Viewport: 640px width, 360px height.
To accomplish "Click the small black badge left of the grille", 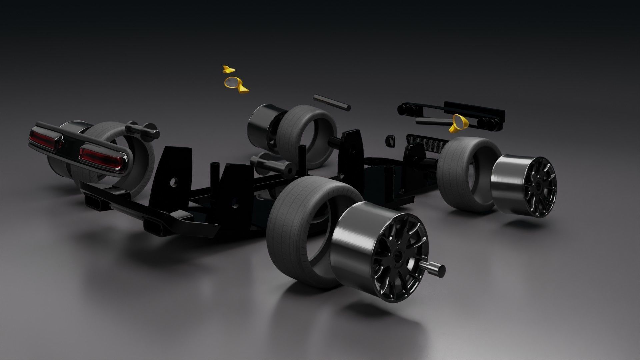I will pyautogui.click(x=391, y=140).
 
